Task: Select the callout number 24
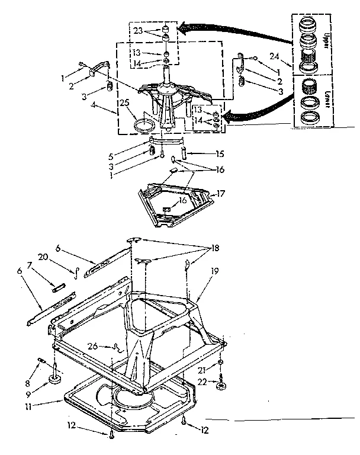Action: click(x=273, y=56)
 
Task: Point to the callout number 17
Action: click(x=221, y=193)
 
